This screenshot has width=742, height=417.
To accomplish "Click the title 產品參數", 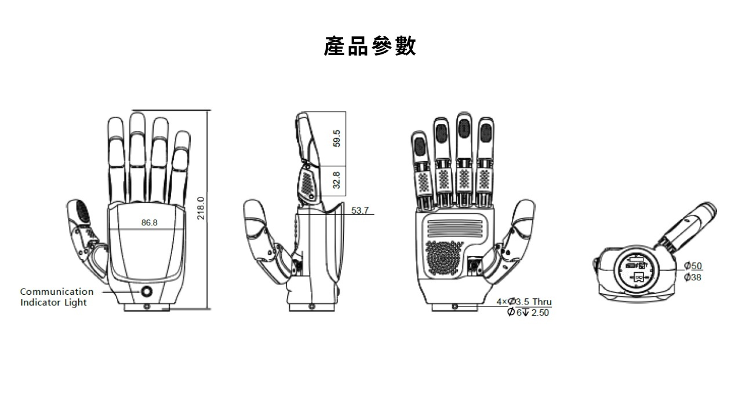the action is tap(370, 46).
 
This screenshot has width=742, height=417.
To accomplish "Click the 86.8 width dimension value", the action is tap(150, 222).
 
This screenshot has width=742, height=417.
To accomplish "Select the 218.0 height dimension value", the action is tap(201, 209).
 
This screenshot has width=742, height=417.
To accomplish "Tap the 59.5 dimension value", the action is tap(337, 138).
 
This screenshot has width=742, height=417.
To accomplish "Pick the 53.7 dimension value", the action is tap(359, 210).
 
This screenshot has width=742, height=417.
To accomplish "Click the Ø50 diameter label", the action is tap(693, 266).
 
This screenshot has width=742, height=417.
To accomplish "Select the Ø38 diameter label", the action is tap(693, 277).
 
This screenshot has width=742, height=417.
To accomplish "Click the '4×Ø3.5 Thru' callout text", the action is tap(524, 302).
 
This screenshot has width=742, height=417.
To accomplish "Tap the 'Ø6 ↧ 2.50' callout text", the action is tap(528, 313).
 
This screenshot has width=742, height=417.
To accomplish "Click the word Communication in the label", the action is tap(57, 291).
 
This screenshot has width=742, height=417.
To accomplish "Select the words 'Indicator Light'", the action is tap(53, 302).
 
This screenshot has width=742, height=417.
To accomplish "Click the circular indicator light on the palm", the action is tap(147, 291).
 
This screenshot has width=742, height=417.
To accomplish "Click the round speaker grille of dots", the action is tap(444, 258).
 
